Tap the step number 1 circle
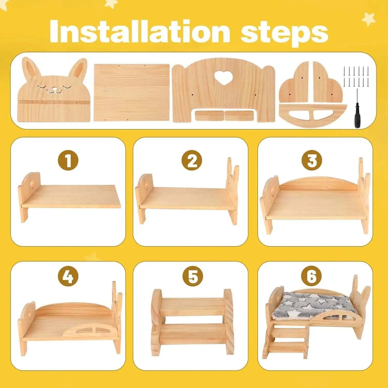pyautogui.click(x=68, y=160)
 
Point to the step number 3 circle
pyautogui.click(x=312, y=160)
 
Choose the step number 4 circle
pyautogui.click(x=68, y=276)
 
